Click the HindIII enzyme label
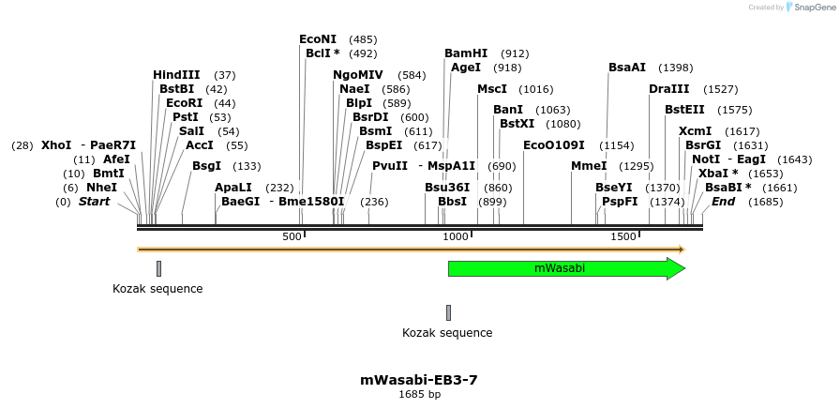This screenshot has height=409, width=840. pyautogui.click(x=176, y=75)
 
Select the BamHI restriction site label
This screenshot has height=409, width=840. pyautogui.click(x=466, y=53)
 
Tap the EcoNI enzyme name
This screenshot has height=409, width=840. pyautogui.click(x=318, y=39)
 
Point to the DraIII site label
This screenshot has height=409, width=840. pyautogui.click(x=668, y=89)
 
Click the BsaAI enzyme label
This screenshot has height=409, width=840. pyautogui.click(x=627, y=68)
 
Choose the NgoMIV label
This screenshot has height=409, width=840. pyautogui.click(x=358, y=75)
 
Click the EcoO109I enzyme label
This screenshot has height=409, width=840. pyautogui.click(x=554, y=145)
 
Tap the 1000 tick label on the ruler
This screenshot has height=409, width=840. pyautogui.click(x=456, y=236)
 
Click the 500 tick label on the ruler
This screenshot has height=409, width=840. pyautogui.click(x=292, y=236)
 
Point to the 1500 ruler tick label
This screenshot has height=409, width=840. pyautogui.click(x=623, y=236)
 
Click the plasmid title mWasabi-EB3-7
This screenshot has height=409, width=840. pyautogui.click(x=419, y=380)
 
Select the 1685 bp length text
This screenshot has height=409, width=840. pyautogui.click(x=419, y=395)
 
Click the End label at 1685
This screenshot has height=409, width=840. pyautogui.click(x=723, y=202)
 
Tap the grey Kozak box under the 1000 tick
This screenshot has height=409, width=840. pyautogui.click(x=448, y=312)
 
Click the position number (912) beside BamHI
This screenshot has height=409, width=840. pyautogui.click(x=515, y=53)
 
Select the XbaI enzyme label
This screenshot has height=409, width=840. pyautogui.click(x=718, y=174)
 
